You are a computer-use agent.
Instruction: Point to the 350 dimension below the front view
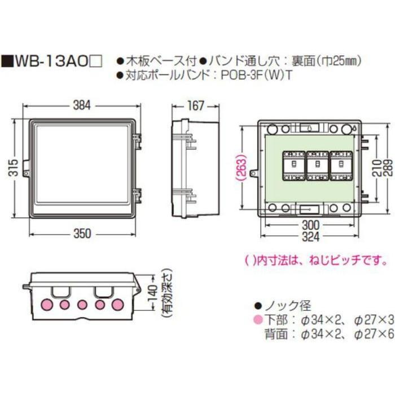tap(83, 236)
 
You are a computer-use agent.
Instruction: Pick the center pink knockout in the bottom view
tap(82, 305)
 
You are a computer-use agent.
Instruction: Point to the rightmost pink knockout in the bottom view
tap(118, 305)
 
